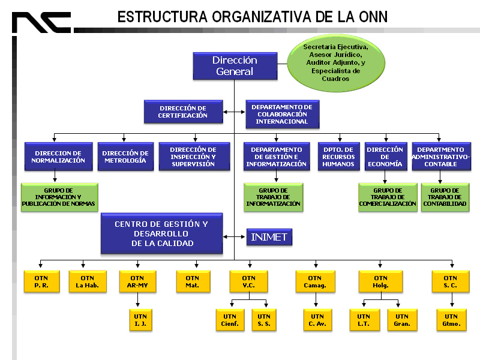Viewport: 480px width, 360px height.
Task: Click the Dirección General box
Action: pyautogui.click(x=235, y=66)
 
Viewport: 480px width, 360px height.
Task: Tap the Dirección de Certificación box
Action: pyautogui.click(x=183, y=111)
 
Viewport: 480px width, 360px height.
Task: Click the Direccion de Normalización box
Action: pyautogui.click(x=59, y=157)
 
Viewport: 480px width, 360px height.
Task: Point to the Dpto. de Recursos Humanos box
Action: pyautogui.click(x=338, y=157)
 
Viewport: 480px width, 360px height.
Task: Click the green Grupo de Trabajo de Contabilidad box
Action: pyautogui.click(x=445, y=197)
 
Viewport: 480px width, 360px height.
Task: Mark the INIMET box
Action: pyautogui.click(x=269, y=238)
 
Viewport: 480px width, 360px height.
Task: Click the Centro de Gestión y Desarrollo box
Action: pyautogui.click(x=162, y=233)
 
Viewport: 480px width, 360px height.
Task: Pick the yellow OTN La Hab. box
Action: pyautogui.click(x=87, y=282)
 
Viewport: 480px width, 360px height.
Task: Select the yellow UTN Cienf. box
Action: pyautogui.click(x=230, y=320)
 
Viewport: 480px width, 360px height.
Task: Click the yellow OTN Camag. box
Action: pyautogui.click(x=314, y=282)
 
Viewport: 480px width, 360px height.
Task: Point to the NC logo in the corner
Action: pyautogui.click(x=41, y=23)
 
